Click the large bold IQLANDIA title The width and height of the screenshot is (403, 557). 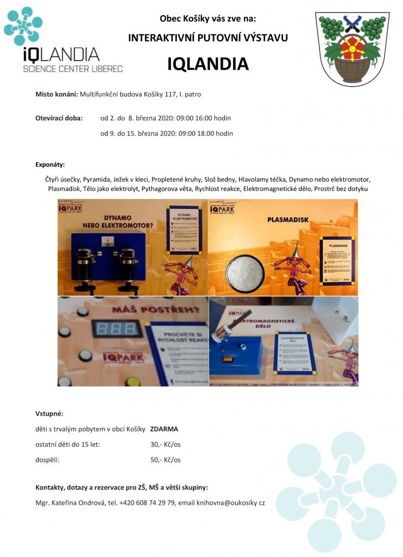(207, 64)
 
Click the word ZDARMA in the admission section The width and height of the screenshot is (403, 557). (164, 429)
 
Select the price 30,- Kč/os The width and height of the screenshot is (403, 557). (165, 444)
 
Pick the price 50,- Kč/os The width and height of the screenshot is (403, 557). (165, 460)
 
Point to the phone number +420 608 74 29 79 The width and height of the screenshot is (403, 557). (147, 503)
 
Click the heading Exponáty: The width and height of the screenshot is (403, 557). (50, 164)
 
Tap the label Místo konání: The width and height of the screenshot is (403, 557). (56, 94)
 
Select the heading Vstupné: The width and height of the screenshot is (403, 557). (49, 413)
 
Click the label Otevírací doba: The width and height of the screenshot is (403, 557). (59, 117)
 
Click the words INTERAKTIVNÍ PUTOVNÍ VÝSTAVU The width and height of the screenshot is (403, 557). (207, 38)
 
